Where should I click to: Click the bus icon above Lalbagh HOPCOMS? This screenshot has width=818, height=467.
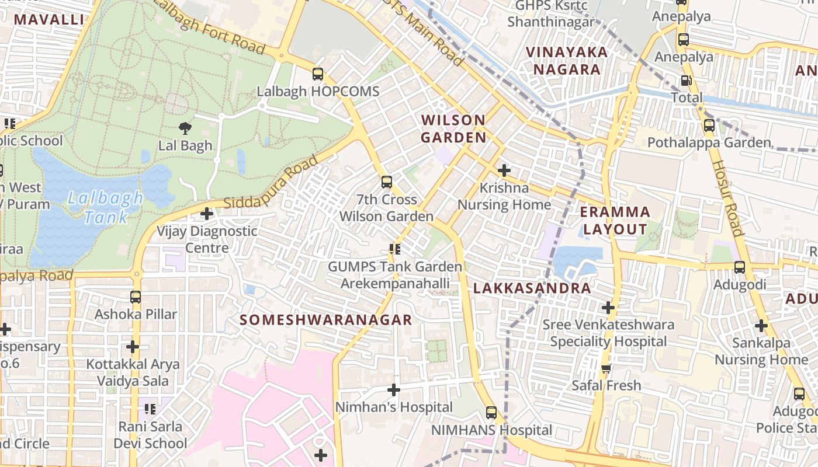(317, 74)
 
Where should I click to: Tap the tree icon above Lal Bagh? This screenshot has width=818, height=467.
(185, 128)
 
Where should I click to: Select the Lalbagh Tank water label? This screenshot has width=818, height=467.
(105, 207)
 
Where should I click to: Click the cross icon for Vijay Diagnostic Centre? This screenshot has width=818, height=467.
(207, 214)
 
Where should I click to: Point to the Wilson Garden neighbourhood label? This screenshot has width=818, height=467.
(453, 129)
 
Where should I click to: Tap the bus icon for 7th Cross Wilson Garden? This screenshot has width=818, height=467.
(387, 182)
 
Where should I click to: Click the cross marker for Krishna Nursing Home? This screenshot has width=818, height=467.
(504, 170)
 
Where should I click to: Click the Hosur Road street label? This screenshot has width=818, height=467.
(727, 198)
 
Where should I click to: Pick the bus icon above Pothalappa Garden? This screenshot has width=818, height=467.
(709, 125)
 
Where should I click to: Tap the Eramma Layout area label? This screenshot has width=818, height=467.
(615, 220)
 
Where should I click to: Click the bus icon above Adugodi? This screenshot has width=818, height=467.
(740, 267)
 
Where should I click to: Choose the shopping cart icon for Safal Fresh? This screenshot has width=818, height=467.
(606, 368)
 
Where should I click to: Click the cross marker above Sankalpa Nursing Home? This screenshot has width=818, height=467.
(761, 326)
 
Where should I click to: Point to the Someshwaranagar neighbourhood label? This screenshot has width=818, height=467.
(326, 320)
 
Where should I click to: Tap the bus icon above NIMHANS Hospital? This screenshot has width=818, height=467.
(491, 413)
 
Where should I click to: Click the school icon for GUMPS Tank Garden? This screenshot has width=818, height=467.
(395, 250)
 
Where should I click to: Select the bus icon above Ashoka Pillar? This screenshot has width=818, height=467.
(136, 297)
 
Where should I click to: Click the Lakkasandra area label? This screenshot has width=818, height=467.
(532, 288)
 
